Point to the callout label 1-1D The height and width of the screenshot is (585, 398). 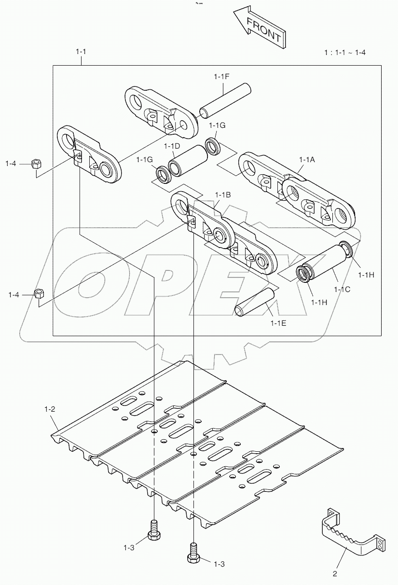click(x=172, y=146)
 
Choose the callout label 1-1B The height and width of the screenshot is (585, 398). click(x=222, y=195)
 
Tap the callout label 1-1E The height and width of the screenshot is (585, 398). click(x=278, y=323)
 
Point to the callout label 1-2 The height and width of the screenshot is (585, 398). click(x=50, y=409)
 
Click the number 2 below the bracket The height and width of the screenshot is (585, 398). click(x=335, y=574)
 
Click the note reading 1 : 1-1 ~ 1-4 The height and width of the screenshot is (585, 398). click(x=345, y=52)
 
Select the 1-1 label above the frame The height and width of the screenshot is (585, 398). click(x=82, y=51)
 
